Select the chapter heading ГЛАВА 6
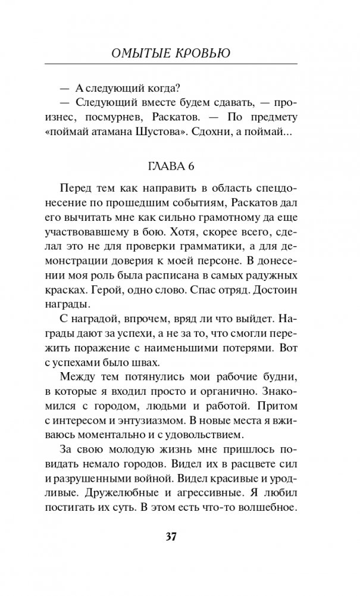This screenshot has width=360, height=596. coord(180,164)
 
